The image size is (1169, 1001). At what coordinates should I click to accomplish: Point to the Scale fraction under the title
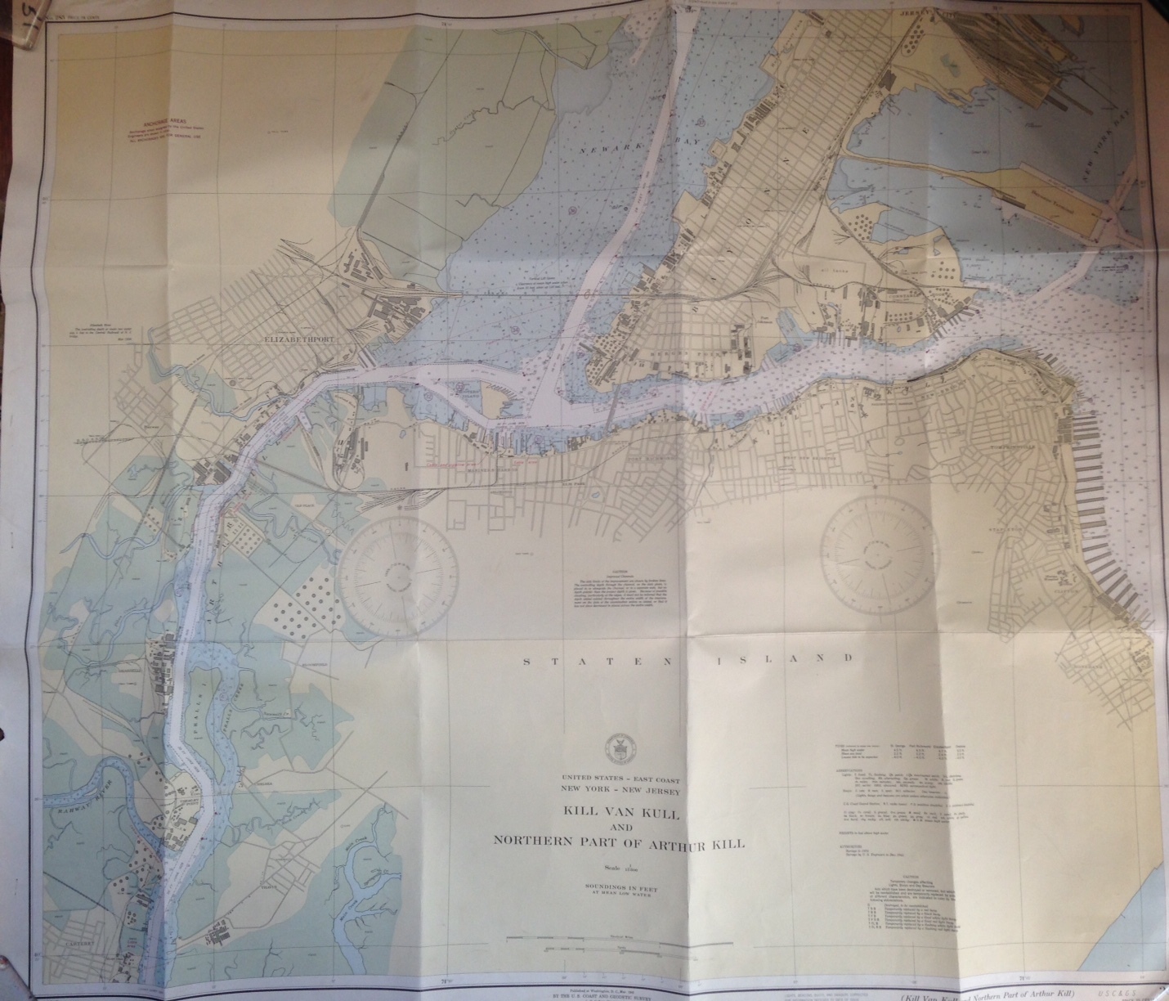(x=618, y=867)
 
